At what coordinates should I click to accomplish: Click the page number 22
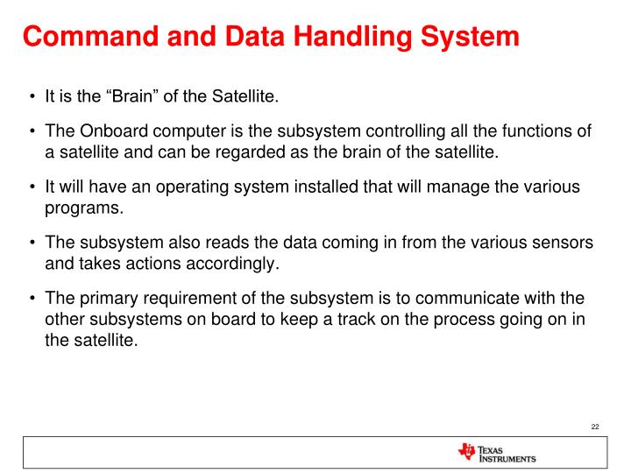tap(594, 427)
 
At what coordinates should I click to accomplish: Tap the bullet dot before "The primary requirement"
tap(32, 298)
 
